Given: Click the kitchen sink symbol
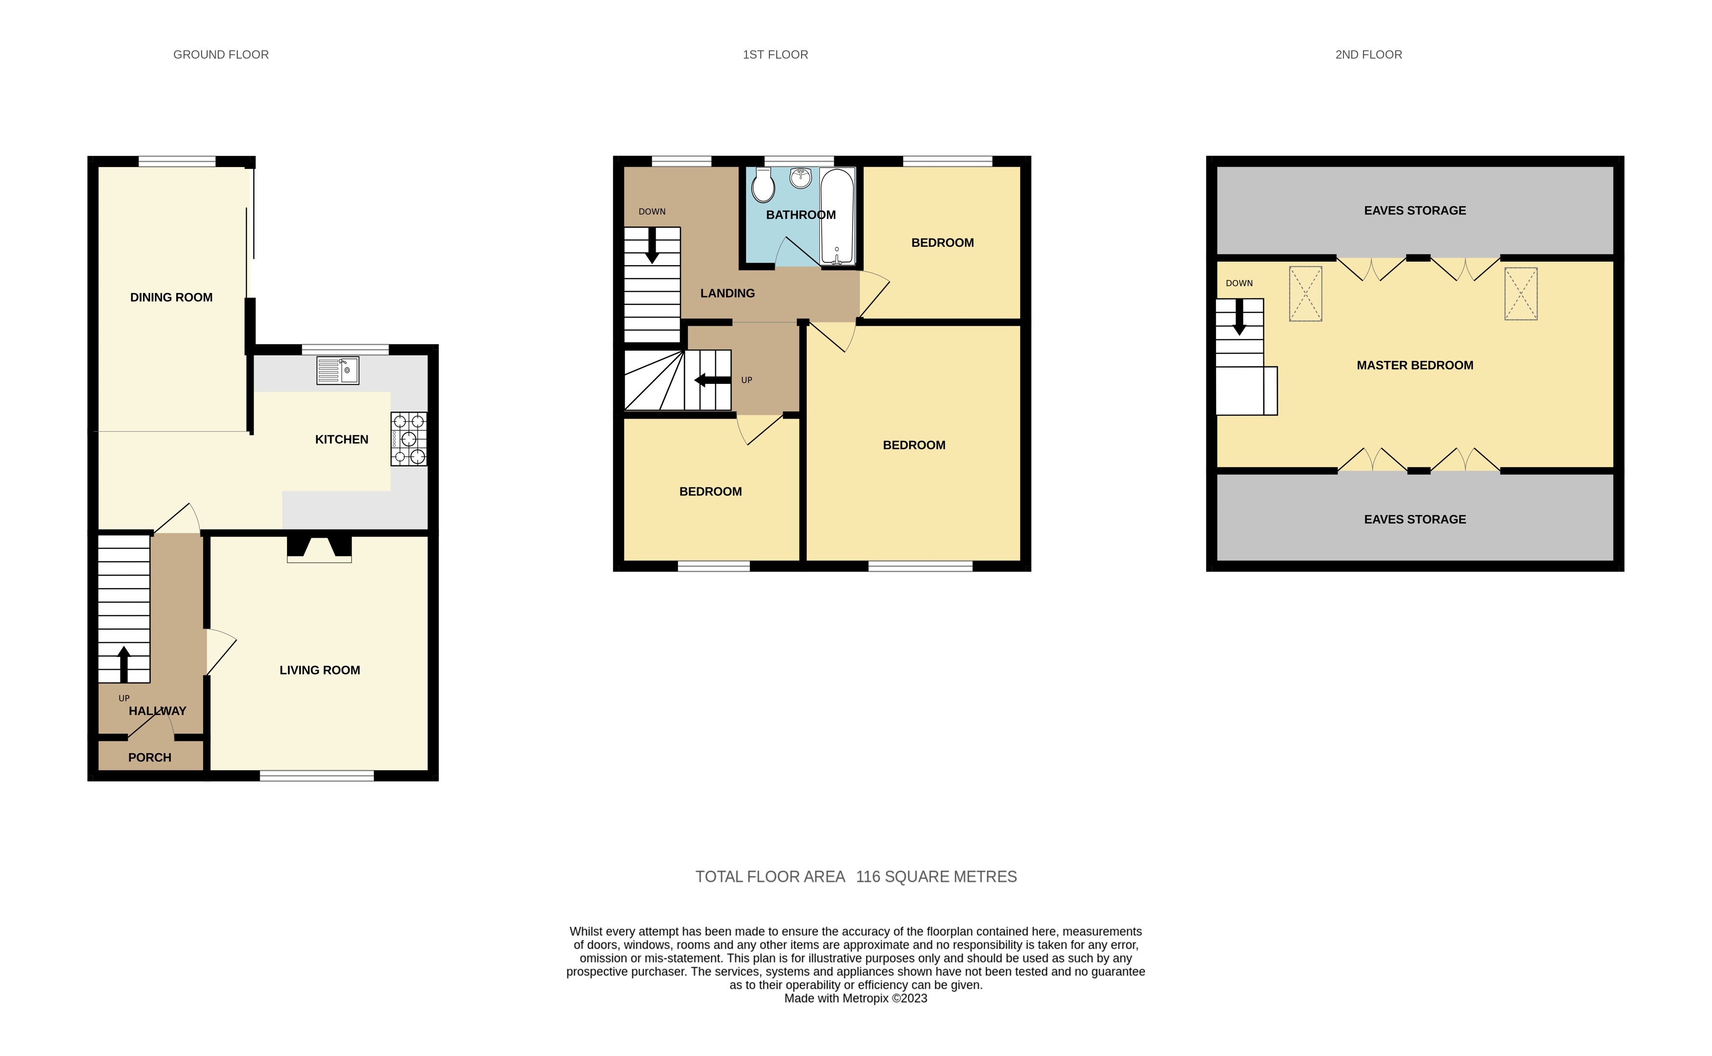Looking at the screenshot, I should click(x=338, y=370).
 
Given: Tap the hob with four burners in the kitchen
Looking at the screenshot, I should click(x=408, y=439).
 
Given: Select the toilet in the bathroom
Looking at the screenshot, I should click(x=763, y=185).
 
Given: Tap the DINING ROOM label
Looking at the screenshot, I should click(x=171, y=297).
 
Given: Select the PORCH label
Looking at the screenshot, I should click(x=149, y=757).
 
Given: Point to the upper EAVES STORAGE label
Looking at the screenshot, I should click(x=1414, y=210).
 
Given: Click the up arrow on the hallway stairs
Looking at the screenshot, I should click(x=124, y=663).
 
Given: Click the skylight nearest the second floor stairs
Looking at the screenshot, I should click(x=1304, y=294).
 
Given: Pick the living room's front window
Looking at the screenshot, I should click(x=317, y=775).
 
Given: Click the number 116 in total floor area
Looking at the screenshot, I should click(x=867, y=877).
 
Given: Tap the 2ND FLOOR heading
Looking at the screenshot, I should click(x=1368, y=55).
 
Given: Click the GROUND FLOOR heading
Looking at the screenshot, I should click(x=221, y=55).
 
